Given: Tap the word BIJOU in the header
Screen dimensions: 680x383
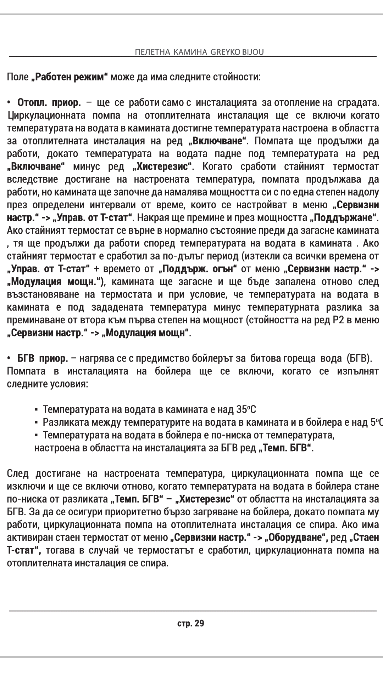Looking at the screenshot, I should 253,52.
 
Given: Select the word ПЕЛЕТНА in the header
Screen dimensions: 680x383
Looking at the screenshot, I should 151,52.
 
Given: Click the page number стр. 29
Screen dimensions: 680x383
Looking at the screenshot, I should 191,623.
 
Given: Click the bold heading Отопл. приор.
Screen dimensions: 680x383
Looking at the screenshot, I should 49,103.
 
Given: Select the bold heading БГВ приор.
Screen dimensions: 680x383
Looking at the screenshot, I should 43,358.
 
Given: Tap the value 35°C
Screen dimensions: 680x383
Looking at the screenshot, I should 246,410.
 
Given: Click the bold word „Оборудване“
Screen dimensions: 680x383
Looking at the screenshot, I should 296,538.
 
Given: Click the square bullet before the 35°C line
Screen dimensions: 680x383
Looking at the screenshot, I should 36,410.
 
